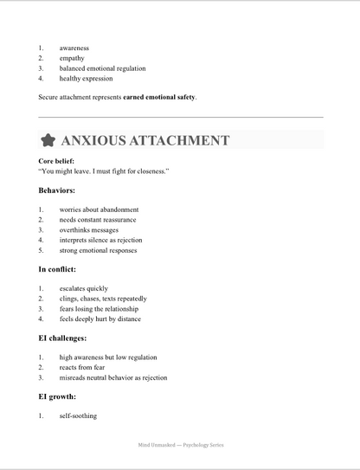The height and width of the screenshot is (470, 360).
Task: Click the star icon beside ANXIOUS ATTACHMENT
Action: coord(49,139)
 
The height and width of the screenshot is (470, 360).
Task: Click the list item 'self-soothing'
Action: coord(78,415)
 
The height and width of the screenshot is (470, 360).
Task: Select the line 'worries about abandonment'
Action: coord(99,209)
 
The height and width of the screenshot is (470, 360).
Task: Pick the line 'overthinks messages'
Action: coord(90,230)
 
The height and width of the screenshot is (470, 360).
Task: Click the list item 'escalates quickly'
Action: coord(84,287)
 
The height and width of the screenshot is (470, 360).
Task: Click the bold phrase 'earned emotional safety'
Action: coord(159,97)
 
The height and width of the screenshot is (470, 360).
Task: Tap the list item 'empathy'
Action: coord(73,58)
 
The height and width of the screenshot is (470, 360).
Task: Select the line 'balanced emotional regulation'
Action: coord(102,68)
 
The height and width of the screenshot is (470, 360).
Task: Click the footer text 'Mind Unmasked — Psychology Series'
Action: coord(180,444)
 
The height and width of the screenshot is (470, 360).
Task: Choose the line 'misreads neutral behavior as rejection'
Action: coord(113,377)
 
